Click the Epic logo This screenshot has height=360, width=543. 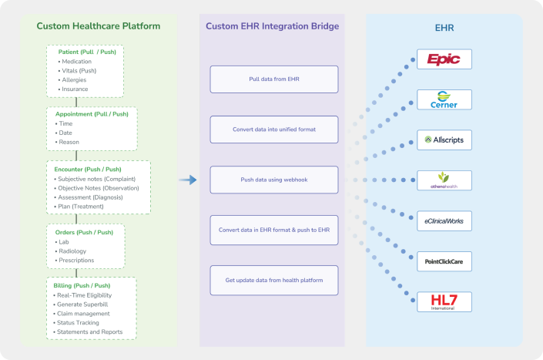click(x=444, y=59)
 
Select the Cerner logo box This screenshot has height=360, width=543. click(x=444, y=99)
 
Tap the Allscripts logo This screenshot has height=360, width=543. click(x=444, y=140)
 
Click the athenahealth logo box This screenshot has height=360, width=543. click(x=444, y=180)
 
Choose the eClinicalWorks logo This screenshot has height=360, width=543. click(x=444, y=221)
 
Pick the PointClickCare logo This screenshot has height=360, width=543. click(x=444, y=261)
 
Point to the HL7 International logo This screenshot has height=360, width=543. click(x=444, y=301)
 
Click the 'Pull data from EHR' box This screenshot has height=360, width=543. click(x=273, y=79)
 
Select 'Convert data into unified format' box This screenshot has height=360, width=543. click(x=273, y=129)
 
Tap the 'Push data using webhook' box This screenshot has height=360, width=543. click(x=273, y=179)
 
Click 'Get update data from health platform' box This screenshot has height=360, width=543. click(x=273, y=279)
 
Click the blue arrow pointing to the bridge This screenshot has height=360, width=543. click(x=188, y=180)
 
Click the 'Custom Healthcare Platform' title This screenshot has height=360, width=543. click(x=99, y=26)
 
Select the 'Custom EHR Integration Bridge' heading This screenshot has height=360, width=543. click(x=272, y=26)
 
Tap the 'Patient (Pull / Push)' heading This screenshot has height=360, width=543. click(x=85, y=52)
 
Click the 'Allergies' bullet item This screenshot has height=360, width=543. click(x=75, y=79)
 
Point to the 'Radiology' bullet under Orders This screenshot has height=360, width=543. click(x=73, y=251)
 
